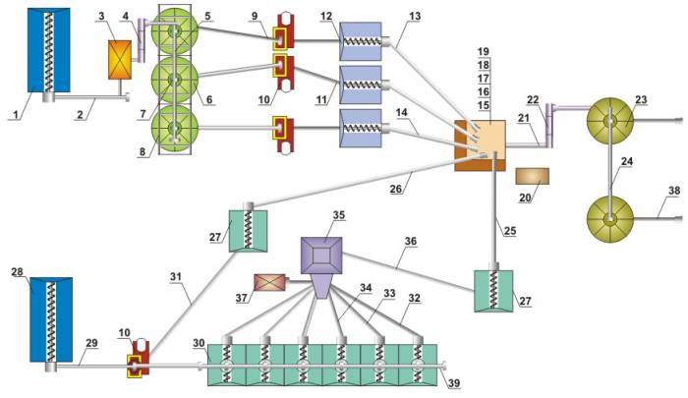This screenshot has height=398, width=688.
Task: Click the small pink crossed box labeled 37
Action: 269,283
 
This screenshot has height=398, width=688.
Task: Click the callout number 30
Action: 200,343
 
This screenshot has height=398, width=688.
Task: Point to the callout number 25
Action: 508,232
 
